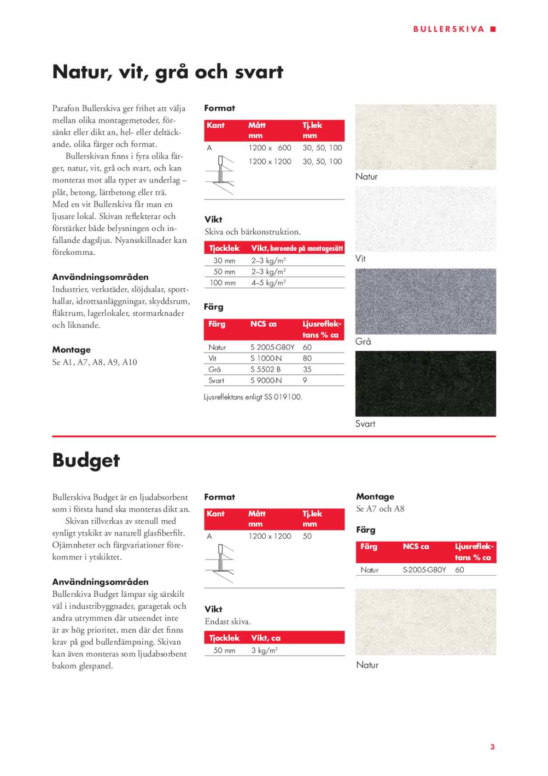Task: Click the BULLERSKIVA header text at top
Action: click(449, 29)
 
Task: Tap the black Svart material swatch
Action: click(426, 383)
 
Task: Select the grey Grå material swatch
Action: click(426, 301)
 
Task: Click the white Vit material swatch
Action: click(426, 219)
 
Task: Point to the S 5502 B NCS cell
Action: click(266, 370)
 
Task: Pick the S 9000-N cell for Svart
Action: click(266, 381)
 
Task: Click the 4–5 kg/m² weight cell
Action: click(268, 283)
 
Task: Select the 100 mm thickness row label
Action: click(222, 283)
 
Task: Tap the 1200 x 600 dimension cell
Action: click(270, 148)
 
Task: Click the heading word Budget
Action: click(86, 460)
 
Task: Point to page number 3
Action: click(492, 747)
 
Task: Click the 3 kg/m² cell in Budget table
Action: click(264, 651)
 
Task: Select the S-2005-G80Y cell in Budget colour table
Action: click(424, 570)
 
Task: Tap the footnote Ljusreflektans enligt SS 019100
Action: click(253, 397)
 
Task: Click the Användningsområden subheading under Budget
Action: click(100, 582)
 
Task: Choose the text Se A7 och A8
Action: click(380, 509)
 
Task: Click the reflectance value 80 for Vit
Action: click(307, 359)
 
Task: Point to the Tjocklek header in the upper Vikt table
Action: click(224, 248)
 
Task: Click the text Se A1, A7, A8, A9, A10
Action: click(94, 362)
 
